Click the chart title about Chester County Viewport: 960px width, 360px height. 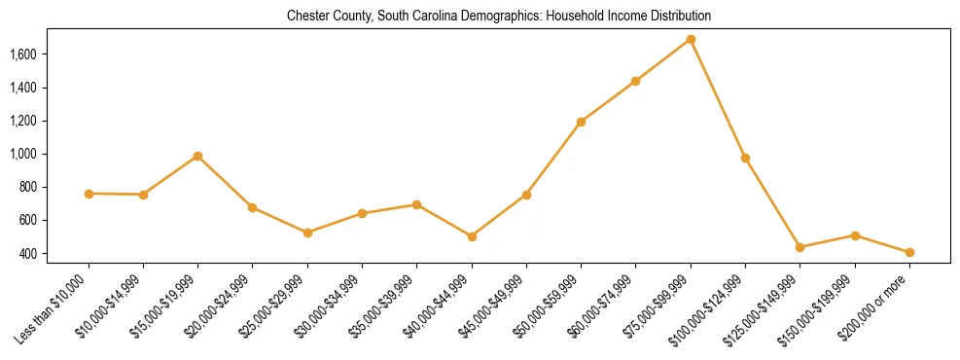click(498, 17)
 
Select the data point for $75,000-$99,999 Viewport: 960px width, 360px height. click(691, 39)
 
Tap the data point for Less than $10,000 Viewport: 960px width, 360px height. click(89, 194)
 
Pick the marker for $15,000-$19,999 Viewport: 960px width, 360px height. click(197, 156)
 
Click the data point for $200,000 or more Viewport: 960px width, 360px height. click(909, 252)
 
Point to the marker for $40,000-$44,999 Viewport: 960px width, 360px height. click(472, 236)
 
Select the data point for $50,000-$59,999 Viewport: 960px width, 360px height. click(581, 122)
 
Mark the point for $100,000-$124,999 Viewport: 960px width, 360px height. click(745, 158)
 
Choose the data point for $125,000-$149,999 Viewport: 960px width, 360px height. click(800, 247)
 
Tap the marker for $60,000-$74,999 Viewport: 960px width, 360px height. click(635, 81)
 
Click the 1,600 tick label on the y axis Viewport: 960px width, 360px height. click(22, 54)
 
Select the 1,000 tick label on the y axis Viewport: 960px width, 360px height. click(22, 154)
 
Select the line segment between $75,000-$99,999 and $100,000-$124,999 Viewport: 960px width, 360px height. click(718, 98)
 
